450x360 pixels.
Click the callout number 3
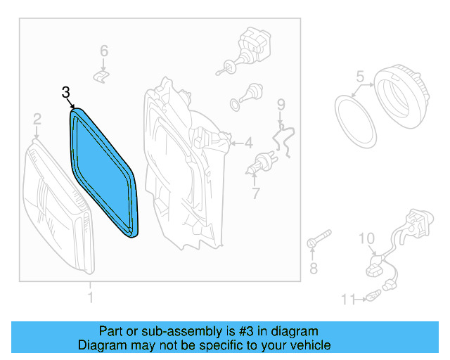[x=66, y=92]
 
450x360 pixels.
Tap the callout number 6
[x=103, y=51]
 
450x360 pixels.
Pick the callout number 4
[x=248, y=143]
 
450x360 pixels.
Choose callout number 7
[x=256, y=192]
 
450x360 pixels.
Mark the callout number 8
[x=314, y=268]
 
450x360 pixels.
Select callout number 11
[x=347, y=300]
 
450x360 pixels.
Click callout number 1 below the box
[x=89, y=298]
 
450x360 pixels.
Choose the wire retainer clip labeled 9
[x=284, y=137]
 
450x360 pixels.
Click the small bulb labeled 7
[x=264, y=164]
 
